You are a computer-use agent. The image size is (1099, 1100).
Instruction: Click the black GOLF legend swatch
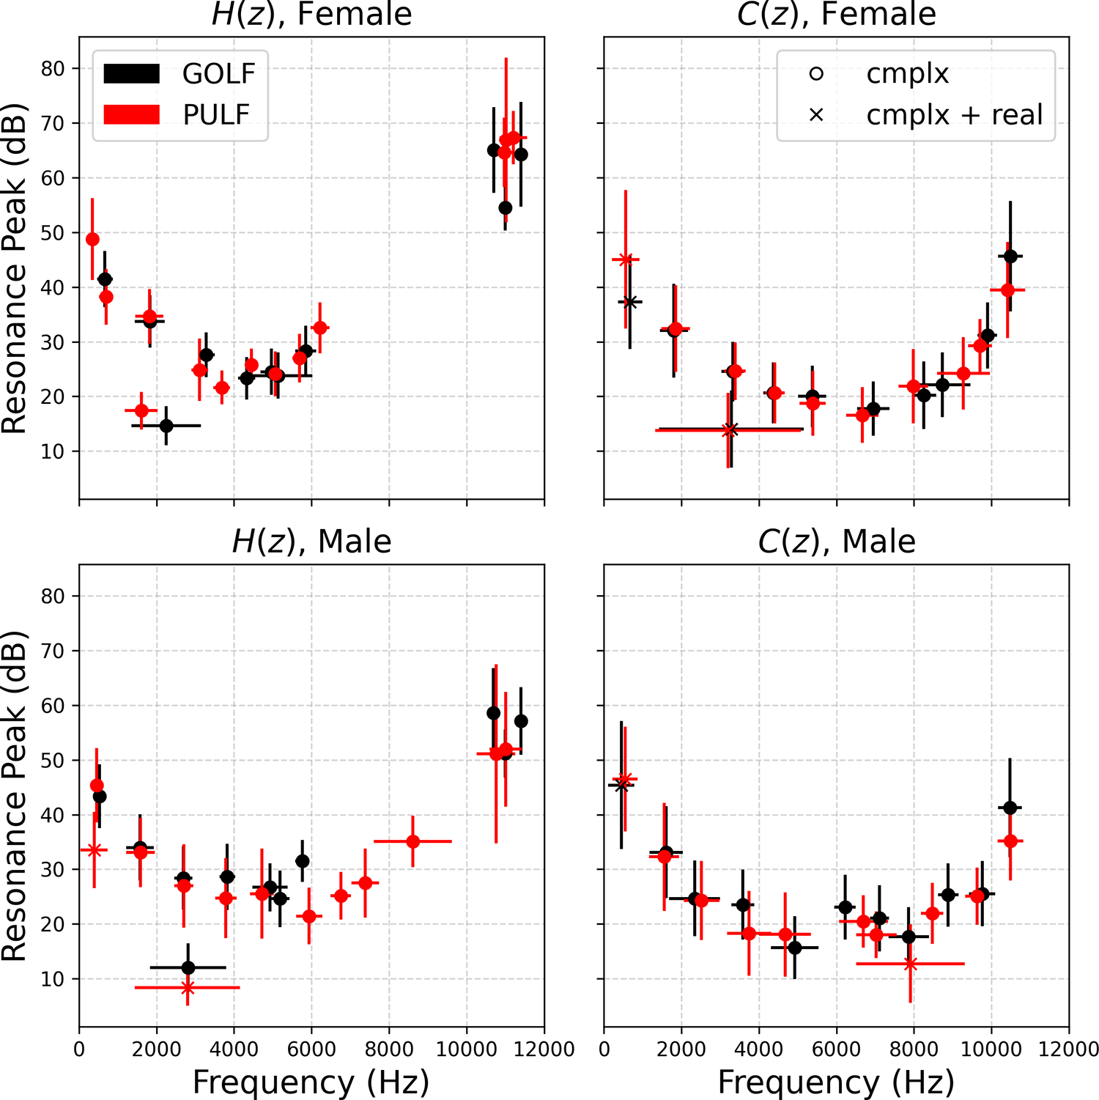pos(132,73)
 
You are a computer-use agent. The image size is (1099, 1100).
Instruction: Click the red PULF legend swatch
pos(132,114)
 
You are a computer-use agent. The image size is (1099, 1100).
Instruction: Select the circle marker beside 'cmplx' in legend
pos(816,73)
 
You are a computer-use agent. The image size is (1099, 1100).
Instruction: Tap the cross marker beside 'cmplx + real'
pos(816,115)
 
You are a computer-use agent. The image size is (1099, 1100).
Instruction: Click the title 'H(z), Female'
pos(311,15)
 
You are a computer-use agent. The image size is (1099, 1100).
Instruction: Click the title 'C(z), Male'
pos(836,542)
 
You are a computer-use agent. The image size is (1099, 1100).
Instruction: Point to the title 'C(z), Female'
pos(836,15)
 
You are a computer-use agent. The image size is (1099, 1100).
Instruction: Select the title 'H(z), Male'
pos(311,542)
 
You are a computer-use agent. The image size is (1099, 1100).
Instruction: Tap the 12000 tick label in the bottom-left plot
pos(544,1049)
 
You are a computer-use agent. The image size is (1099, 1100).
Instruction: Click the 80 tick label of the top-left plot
pos(53,69)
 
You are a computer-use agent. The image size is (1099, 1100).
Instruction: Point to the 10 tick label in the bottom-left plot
pos(53,979)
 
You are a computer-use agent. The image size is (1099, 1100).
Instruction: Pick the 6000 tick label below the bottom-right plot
pos(836,1049)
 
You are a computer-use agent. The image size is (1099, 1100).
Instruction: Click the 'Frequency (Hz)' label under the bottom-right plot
pos(836,1082)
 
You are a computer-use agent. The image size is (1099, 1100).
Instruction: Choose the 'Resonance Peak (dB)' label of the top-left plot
pos(15,270)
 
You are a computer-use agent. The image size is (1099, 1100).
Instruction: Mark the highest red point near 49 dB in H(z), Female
pos(92,240)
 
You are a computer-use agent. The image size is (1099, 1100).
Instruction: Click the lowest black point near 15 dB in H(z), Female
pos(166,426)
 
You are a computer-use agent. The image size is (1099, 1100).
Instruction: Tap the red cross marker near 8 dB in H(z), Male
pos(188,988)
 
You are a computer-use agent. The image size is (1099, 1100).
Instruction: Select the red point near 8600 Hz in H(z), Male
pos(413,841)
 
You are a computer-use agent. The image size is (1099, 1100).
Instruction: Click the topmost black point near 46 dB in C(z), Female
pos(1010,256)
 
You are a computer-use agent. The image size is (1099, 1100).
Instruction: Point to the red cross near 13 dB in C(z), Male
pos(910,964)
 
